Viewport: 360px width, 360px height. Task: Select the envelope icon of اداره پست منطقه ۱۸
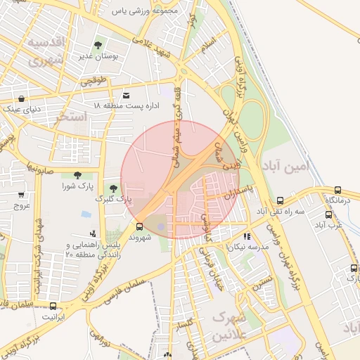point(126,95)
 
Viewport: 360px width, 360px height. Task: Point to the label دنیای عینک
point(23,109)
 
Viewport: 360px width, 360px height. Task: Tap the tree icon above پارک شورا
point(77,175)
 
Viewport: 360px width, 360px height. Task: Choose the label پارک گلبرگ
point(118,200)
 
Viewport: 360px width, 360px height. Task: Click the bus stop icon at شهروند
point(139,226)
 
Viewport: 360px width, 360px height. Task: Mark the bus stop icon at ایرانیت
point(53,306)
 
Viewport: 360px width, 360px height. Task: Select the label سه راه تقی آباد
point(281,211)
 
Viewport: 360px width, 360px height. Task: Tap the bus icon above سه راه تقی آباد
point(281,200)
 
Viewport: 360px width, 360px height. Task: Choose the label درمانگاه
point(337,201)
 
